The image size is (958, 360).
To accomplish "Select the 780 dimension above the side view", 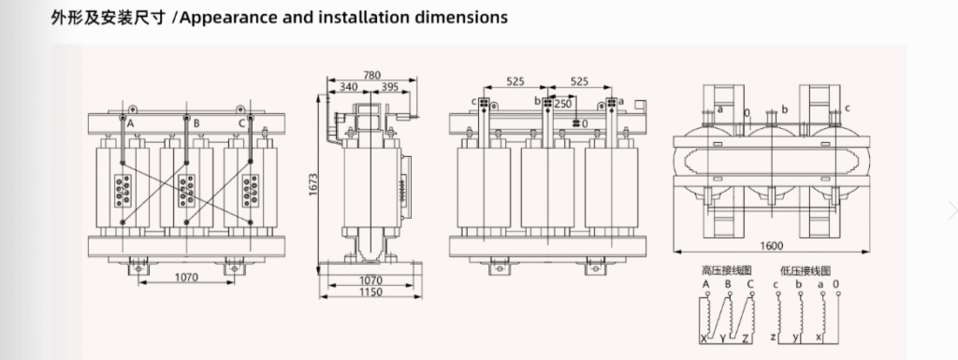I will click(x=372, y=75).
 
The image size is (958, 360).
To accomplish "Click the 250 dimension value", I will click(x=562, y=103).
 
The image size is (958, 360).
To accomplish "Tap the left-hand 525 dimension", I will click(x=515, y=81).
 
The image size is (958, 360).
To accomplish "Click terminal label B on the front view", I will click(x=196, y=122).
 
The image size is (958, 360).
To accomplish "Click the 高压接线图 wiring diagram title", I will click(x=721, y=270).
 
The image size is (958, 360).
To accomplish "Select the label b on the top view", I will click(x=784, y=109).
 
